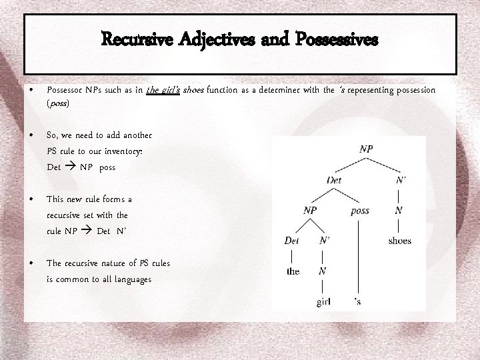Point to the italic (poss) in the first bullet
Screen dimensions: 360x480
coord(58,104)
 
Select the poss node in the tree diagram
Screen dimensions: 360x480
coord(359,211)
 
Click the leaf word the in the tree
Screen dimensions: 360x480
coord(293,271)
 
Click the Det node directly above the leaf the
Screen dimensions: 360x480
coord(291,241)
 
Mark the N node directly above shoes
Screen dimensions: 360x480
coord(398,211)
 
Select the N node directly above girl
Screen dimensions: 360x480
coord(322,271)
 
